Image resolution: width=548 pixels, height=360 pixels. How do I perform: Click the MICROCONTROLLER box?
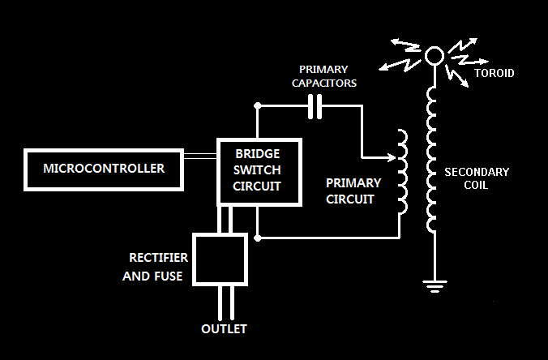pos(104,169)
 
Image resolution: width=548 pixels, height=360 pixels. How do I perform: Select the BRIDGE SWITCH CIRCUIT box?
pos(258,171)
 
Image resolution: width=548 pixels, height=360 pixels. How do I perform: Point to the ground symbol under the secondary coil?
pos(435,284)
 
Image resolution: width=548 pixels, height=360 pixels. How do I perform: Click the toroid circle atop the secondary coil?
pos(435,55)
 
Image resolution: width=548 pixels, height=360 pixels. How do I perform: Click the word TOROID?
pos(493,73)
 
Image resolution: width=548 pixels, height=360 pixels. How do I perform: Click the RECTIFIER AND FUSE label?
pos(159,266)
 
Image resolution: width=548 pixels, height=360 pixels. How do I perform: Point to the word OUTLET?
pos(224,329)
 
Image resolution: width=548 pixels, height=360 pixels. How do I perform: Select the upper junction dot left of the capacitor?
pos(257,105)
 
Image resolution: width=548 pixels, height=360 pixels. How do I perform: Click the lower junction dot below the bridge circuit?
pos(257,238)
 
